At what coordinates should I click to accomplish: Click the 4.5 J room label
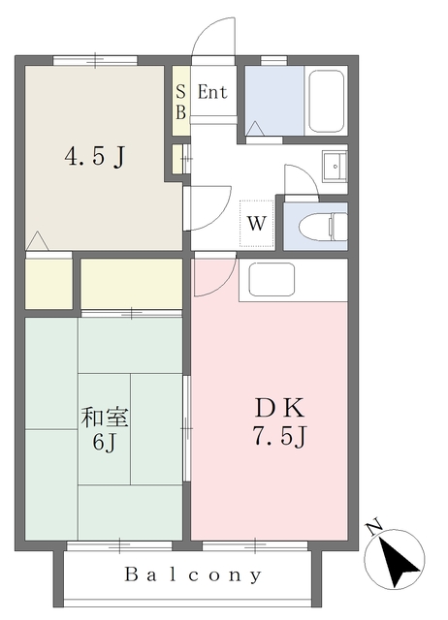point(95,157)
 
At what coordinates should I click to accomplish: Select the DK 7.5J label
point(280,422)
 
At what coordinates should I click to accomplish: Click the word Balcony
point(193,574)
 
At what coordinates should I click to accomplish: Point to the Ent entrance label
point(212,92)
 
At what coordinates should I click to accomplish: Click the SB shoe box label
point(181,102)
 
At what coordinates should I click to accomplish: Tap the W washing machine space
point(256,224)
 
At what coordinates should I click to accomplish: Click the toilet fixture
point(323,227)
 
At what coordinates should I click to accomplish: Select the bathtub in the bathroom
point(326,101)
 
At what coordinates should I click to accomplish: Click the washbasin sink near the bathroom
point(335,166)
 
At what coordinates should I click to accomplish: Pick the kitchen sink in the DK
point(272,279)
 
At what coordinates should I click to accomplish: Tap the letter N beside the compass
point(373,527)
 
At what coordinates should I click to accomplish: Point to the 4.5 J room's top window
point(95,60)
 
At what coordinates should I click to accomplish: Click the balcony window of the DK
point(255,546)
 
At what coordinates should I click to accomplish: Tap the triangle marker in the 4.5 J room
point(37,241)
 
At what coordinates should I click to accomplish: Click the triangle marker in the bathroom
point(255,129)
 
